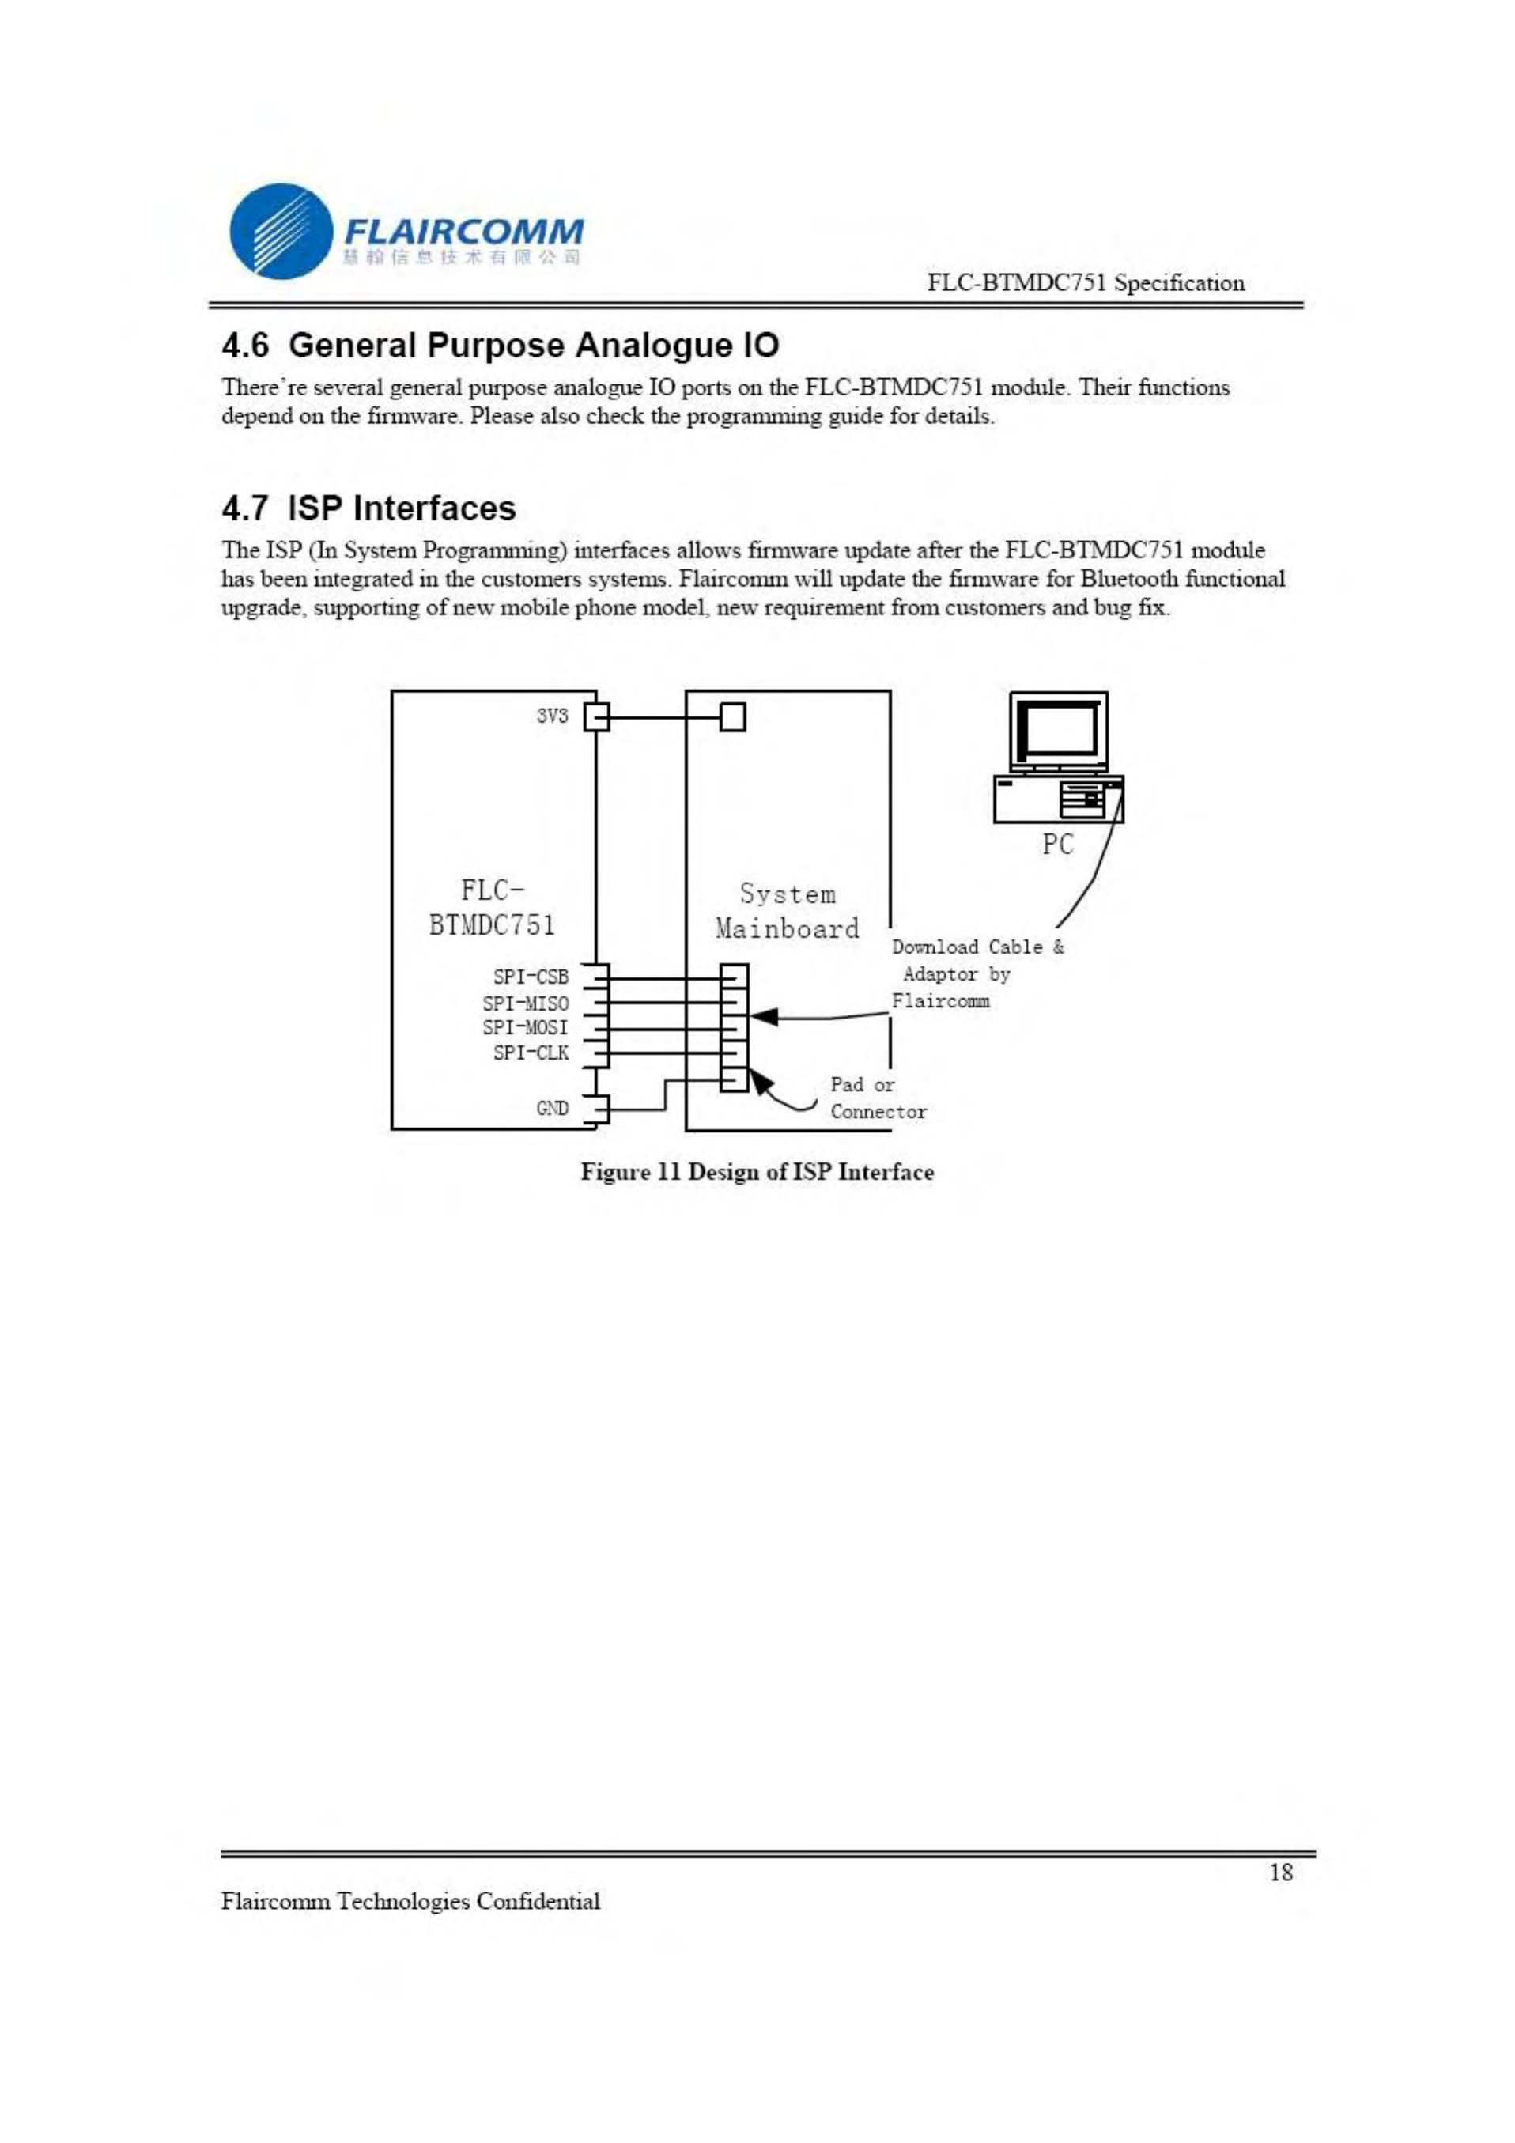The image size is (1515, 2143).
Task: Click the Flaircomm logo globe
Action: (x=281, y=231)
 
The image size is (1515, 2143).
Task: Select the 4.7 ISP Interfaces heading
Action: (x=368, y=508)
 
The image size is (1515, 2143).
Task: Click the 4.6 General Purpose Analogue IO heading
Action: (x=501, y=346)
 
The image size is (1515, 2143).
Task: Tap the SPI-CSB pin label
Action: (x=531, y=977)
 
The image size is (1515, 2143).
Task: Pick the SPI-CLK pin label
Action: (x=531, y=1053)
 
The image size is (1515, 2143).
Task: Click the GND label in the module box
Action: (x=552, y=1108)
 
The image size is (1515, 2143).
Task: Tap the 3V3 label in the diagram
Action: (x=552, y=716)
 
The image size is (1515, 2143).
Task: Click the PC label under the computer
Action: (x=1058, y=845)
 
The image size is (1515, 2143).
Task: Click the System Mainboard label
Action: (x=787, y=911)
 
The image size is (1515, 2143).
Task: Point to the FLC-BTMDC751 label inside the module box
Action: (x=492, y=907)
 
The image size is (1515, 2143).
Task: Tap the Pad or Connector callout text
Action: (x=878, y=1098)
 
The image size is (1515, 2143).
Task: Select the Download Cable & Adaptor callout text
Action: (x=977, y=973)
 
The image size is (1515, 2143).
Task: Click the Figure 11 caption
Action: (x=757, y=1172)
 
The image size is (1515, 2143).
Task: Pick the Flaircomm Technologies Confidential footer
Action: (x=410, y=1901)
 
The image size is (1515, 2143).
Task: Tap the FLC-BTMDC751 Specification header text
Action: (x=1086, y=283)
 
